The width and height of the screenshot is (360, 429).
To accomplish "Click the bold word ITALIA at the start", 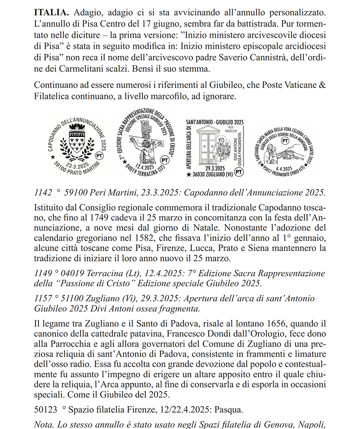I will pyautogui.click(x=51, y=10).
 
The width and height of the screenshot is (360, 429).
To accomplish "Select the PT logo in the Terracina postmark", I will pyautogui.click(x=165, y=160).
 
